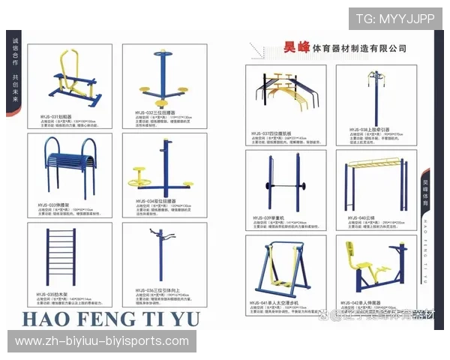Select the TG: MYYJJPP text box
coord(396,19)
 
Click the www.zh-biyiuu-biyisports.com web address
coord(103,341)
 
